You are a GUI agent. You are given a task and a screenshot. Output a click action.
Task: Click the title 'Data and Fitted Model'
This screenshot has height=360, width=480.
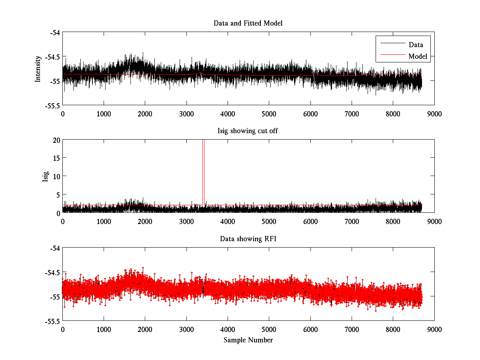click(x=248, y=23)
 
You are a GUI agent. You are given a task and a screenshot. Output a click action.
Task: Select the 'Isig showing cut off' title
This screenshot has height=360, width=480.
click(x=248, y=131)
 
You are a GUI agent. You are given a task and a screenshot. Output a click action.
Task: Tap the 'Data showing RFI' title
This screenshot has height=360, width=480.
click(x=248, y=239)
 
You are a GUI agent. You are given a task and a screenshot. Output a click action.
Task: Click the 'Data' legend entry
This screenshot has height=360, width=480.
click(x=416, y=45)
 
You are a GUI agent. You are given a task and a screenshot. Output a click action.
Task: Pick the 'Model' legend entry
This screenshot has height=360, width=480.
click(x=418, y=56)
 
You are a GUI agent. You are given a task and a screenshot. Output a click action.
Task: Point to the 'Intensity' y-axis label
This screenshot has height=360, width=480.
click(x=38, y=69)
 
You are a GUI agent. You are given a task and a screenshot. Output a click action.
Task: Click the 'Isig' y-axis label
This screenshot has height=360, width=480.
click(x=46, y=176)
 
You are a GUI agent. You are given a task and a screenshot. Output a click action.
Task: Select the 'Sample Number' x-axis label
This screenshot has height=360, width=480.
click(x=248, y=340)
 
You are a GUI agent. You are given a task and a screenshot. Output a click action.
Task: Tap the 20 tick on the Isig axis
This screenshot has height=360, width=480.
click(x=56, y=140)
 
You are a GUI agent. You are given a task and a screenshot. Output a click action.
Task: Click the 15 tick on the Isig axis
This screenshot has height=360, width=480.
click(x=56, y=158)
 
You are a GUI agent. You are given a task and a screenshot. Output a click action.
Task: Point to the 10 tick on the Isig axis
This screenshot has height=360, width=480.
click(x=56, y=176)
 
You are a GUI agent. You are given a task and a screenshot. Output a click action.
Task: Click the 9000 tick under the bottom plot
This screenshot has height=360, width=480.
click(x=434, y=329)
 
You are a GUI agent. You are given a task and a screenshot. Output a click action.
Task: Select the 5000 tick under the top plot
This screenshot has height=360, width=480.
click(x=269, y=114)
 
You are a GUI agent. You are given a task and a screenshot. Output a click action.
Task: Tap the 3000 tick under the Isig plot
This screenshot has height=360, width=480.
click(x=186, y=221)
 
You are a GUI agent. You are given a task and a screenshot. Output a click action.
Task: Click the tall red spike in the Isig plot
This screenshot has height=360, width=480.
click(x=203, y=168)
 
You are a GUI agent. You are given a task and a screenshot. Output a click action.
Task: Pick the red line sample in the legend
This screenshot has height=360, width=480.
click(x=392, y=56)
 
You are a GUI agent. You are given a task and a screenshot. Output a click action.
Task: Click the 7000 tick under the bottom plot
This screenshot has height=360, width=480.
click(x=352, y=329)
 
